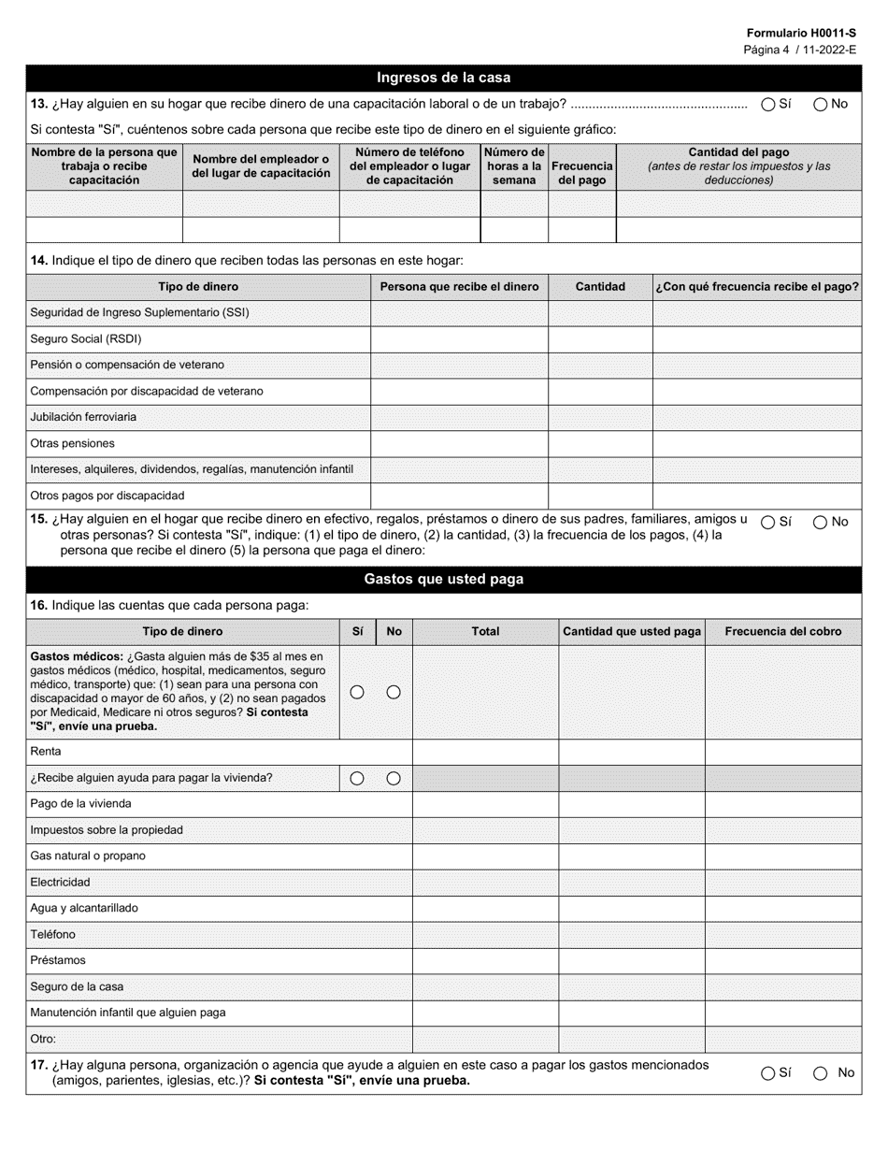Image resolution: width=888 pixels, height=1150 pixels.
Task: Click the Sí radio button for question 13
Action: click(767, 105)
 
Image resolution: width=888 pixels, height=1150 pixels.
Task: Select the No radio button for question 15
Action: click(820, 522)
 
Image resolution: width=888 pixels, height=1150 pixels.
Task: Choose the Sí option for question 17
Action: click(767, 1073)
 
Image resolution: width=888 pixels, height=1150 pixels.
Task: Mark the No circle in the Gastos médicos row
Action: click(394, 692)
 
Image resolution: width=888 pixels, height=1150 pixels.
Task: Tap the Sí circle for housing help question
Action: click(357, 778)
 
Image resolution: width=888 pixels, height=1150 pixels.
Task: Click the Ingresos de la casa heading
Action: click(443, 78)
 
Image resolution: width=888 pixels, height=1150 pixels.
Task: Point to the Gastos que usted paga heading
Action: click(443, 580)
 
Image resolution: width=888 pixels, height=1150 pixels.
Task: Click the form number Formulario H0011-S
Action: click(800, 32)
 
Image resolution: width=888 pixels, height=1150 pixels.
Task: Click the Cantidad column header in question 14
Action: click(599, 287)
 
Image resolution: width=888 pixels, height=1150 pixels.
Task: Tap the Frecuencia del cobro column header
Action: click(782, 632)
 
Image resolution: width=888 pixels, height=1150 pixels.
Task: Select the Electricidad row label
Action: click(61, 882)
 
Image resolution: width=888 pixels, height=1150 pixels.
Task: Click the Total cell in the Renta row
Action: click(485, 752)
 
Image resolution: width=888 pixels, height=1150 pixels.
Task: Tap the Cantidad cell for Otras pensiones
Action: click(599, 443)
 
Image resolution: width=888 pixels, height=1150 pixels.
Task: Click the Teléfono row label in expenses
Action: click(53, 934)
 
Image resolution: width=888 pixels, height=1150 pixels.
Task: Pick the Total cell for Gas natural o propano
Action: click(485, 855)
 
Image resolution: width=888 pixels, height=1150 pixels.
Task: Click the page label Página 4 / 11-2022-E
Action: click(799, 50)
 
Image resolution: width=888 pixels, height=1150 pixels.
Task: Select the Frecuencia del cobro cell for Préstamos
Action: click(782, 960)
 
